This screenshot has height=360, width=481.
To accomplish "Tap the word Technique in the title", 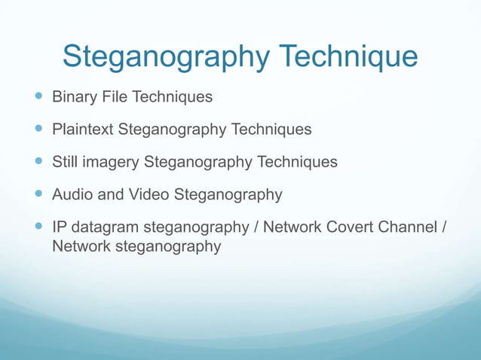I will click(x=348, y=57).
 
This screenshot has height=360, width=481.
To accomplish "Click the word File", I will click(x=115, y=97).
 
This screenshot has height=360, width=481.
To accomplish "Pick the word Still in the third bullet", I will click(x=64, y=162).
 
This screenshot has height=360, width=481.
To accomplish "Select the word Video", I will click(x=149, y=194).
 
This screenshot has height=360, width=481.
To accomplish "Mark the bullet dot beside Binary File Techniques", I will click(x=39, y=97).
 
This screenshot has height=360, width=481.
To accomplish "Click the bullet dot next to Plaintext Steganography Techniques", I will click(x=39, y=130).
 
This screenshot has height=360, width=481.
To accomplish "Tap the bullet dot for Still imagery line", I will click(x=39, y=162).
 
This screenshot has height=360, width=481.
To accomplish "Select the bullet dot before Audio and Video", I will click(x=39, y=194).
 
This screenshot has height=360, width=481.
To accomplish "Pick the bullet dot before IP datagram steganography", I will click(x=39, y=227).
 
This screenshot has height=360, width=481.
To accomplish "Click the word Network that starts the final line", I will click(x=81, y=246).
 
